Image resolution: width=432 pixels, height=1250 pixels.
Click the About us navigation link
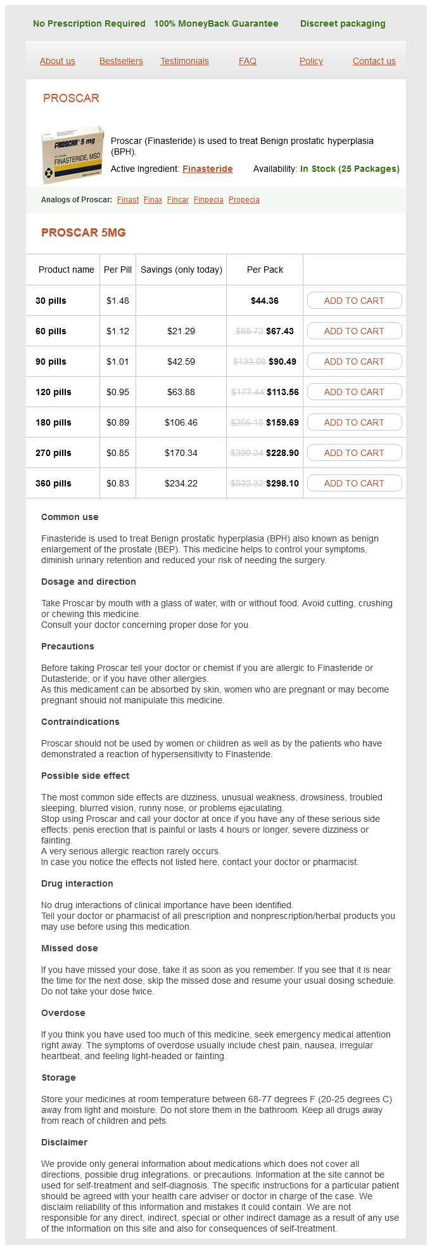[57, 61]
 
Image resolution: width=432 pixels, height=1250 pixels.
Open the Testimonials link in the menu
[184, 61]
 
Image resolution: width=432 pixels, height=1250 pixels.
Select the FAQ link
[247, 61]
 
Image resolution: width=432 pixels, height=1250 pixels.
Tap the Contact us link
[374, 61]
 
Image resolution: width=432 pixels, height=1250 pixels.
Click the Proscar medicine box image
[72, 154]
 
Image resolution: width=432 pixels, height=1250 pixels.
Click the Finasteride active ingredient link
[207, 169]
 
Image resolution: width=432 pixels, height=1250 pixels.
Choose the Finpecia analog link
[208, 200]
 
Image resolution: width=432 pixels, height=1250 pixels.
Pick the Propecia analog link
[244, 200]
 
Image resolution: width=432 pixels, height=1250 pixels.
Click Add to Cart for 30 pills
[354, 301]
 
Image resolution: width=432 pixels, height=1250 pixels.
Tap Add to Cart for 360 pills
[354, 483]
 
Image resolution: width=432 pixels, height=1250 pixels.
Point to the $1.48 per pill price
[118, 301]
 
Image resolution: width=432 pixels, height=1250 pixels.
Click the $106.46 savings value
[181, 422]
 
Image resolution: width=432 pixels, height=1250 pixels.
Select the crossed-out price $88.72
[249, 331]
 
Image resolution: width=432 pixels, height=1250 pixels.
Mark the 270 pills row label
[53, 453]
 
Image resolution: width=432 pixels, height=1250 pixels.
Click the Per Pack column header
[265, 270]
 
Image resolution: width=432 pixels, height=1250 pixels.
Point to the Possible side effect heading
[85, 776]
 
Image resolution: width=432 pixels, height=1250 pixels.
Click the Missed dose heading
[70, 948]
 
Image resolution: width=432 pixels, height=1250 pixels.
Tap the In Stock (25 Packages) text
[350, 169]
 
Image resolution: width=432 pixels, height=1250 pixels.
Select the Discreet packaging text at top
[343, 23]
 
